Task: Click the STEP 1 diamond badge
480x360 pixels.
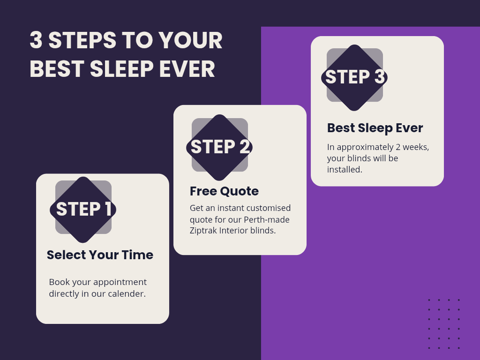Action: [83, 210]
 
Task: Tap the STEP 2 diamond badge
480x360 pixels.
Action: [219, 148]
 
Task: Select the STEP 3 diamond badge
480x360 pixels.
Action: [354, 78]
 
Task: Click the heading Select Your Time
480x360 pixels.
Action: [100, 255]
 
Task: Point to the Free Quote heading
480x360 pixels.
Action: [224, 191]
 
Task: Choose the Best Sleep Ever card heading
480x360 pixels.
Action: [375, 128]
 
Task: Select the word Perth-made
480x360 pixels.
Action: [267, 219]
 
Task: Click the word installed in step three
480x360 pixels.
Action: [345, 169]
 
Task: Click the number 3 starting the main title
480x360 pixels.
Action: [36, 40]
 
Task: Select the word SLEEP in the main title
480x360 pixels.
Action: [122, 69]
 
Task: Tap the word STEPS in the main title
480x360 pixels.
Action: [82, 40]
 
